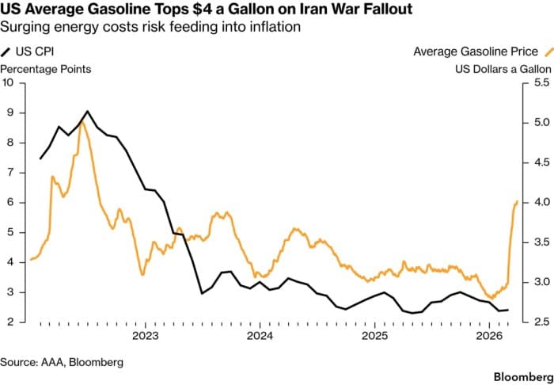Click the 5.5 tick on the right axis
pyautogui.click(x=540, y=82)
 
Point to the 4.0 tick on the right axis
pyautogui.click(x=540, y=202)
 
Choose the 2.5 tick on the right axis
pyautogui.click(x=540, y=322)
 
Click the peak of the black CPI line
pyautogui.click(x=87, y=112)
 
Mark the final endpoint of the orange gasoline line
pyautogui.click(x=517, y=201)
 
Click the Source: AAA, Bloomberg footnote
pyautogui.click(x=62, y=361)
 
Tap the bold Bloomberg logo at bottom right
pyautogui.click(x=519, y=372)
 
